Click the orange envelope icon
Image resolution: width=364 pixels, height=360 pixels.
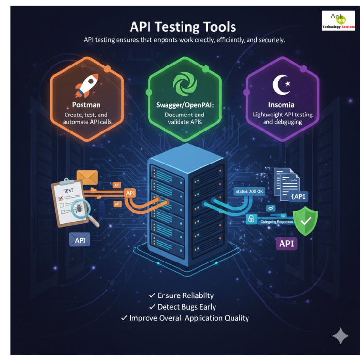(87, 177)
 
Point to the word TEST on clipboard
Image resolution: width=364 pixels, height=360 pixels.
(68, 191)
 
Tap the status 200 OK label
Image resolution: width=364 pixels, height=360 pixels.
(248, 192)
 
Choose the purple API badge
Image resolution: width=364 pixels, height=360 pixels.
(286, 243)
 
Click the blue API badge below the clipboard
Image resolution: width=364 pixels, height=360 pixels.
(80, 240)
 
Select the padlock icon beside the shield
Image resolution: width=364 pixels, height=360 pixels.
(251, 219)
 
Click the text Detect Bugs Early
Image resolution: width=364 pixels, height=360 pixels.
(186, 307)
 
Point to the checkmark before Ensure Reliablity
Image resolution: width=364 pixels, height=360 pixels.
(152, 295)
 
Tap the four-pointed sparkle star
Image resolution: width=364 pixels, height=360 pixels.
(340, 336)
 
